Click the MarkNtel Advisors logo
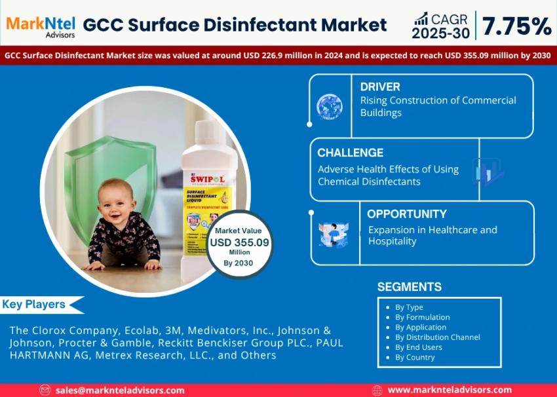coord(40,26)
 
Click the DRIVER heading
coord(380,86)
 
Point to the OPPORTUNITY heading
coord(406,214)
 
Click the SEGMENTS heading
coord(410,287)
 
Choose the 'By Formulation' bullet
coord(422,317)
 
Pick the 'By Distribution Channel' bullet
coord(437,337)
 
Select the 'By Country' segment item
coord(415,357)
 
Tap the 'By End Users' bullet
coord(418,347)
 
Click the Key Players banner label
coord(34,305)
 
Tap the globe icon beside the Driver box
coord(329,107)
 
